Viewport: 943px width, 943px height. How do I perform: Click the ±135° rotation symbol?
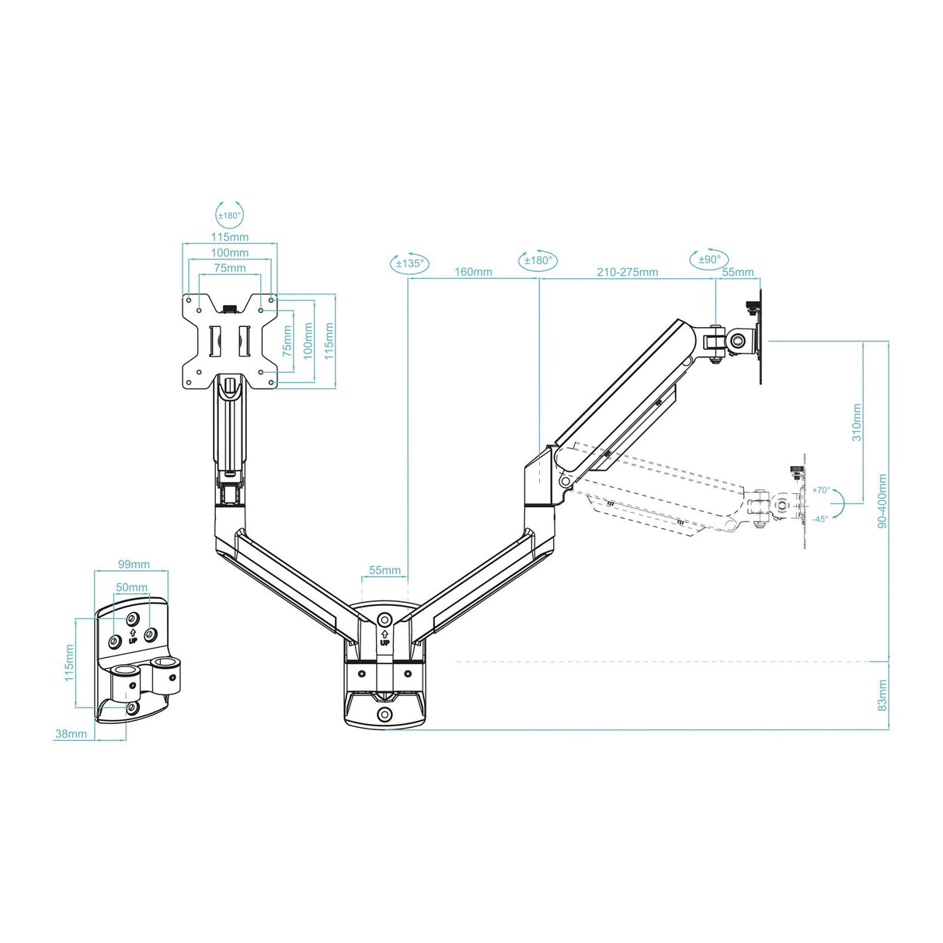pyautogui.click(x=409, y=263)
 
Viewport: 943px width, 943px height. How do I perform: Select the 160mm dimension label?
pyautogui.click(x=473, y=272)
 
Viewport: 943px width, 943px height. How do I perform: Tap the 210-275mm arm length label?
pyautogui.click(x=627, y=272)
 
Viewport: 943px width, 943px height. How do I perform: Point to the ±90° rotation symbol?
pyautogui.click(x=708, y=259)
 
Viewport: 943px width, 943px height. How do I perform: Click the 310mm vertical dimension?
pyautogui.click(x=857, y=423)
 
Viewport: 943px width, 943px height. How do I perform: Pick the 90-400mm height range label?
pyautogui.click(x=882, y=502)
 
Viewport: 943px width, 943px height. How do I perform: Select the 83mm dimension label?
pyautogui.click(x=882, y=695)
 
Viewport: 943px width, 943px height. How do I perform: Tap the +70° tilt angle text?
pyautogui.click(x=821, y=490)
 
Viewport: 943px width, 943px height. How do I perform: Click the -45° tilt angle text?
pyautogui.click(x=820, y=518)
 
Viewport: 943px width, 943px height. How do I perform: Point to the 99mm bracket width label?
pyautogui.click(x=134, y=564)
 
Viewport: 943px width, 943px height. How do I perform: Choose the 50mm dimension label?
pyautogui.click(x=131, y=587)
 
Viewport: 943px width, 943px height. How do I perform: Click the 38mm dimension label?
pyautogui.click(x=71, y=733)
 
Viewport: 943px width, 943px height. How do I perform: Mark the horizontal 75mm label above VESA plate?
pyautogui.click(x=230, y=268)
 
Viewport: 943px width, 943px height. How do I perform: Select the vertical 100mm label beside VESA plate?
pyautogui.click(x=308, y=341)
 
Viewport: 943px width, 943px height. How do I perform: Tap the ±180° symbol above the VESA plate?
pyautogui.click(x=228, y=215)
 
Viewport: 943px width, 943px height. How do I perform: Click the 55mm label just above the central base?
pyautogui.click(x=385, y=570)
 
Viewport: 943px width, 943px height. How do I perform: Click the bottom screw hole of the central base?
pyautogui.click(x=385, y=715)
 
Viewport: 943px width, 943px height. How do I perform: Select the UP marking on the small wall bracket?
pyautogui.click(x=133, y=636)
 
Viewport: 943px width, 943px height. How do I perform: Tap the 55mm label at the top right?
pyautogui.click(x=738, y=272)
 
